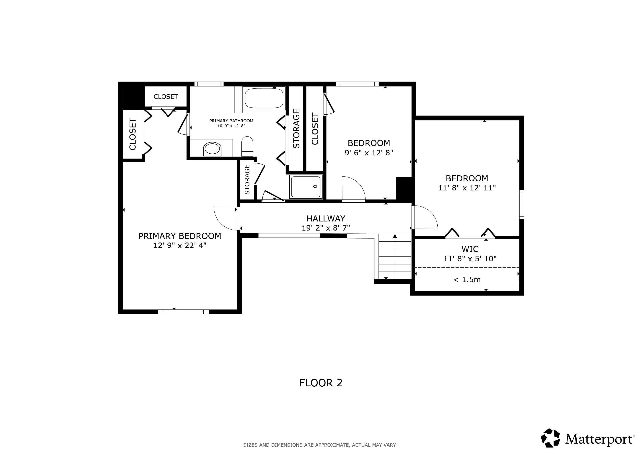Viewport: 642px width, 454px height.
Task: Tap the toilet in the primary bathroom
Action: tap(247, 146)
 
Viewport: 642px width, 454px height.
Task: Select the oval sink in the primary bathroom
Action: tap(212, 149)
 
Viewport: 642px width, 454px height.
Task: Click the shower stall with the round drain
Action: tap(306, 187)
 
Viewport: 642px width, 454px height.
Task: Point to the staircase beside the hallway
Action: tap(395, 256)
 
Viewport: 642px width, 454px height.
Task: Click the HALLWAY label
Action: tap(326, 218)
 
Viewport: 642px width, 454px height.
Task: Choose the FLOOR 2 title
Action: tap(321, 383)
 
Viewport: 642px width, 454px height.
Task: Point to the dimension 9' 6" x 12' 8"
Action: tap(369, 153)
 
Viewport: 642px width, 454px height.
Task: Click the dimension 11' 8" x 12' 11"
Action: tap(467, 188)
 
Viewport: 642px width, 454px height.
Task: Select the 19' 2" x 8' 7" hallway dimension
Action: tap(326, 228)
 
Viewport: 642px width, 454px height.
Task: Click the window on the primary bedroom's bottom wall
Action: tap(183, 312)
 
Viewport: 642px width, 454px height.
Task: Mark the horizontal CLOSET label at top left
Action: tap(166, 96)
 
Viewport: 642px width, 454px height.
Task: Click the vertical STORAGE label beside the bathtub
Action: tap(296, 129)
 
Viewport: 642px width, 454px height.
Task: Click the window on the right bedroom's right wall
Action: tap(521, 204)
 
